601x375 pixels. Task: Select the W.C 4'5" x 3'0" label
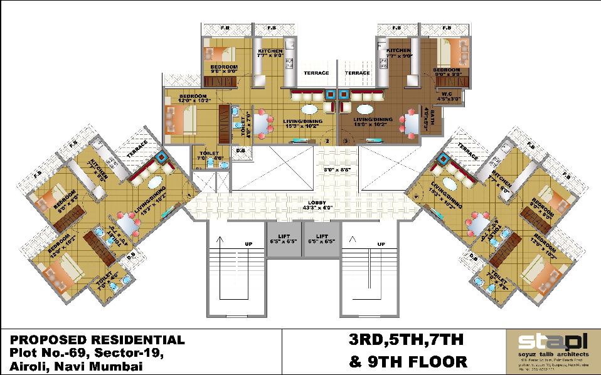446,96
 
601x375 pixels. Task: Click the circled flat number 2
327,141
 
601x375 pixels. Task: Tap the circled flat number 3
346,141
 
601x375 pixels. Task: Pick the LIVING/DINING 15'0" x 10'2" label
372,122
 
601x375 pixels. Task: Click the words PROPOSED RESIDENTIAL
97,341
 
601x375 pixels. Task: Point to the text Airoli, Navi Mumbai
76,367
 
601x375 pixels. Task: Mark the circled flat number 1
189,196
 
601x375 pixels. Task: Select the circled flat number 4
415,196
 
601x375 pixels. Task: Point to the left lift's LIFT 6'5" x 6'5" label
283,239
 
